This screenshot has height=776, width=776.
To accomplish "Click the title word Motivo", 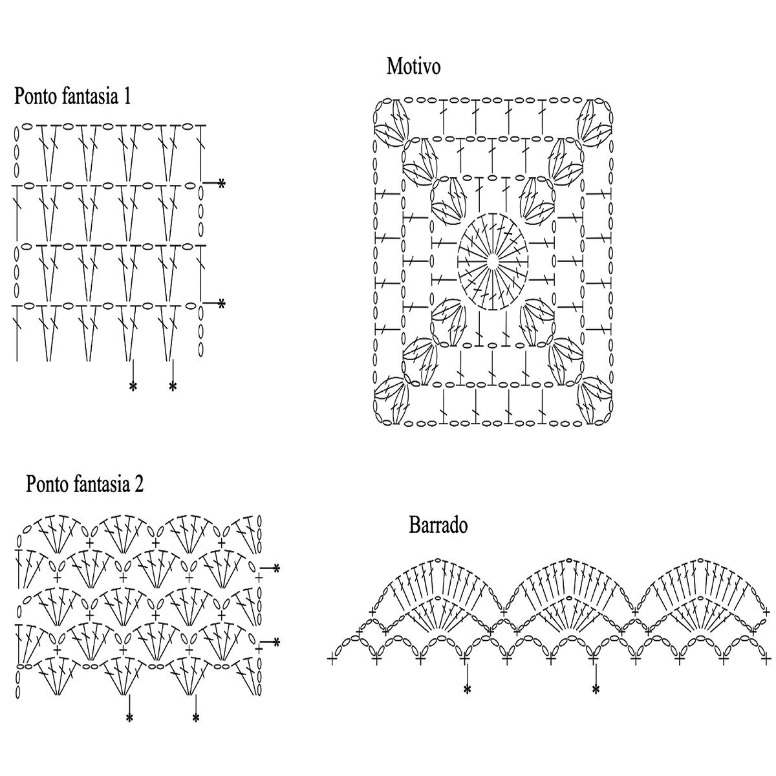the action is coord(413,67).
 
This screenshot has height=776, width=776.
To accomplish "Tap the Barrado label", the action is coord(438,525).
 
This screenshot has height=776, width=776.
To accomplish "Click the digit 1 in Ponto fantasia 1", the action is coord(127,97).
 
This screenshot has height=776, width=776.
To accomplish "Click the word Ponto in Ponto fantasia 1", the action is coord(36,97).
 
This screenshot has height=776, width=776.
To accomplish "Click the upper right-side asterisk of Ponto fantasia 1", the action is coord(221,184).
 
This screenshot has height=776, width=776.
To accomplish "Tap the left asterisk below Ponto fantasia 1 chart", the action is coord(133,387).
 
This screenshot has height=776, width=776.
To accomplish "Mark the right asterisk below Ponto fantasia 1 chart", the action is coord(173,387).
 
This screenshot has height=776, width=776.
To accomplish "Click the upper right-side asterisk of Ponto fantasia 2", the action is coord(276,569).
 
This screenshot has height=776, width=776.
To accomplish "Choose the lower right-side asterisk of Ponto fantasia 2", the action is coord(276,643).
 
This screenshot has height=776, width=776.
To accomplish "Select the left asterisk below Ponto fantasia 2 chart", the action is coord(129,718).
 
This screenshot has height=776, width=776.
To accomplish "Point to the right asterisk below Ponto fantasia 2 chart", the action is coord(195,718).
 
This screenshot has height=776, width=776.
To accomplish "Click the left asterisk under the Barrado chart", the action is coord(466,690).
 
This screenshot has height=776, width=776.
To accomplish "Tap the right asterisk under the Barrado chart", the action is coord(595,690).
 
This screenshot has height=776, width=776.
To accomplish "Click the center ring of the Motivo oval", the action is coord(493,261).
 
